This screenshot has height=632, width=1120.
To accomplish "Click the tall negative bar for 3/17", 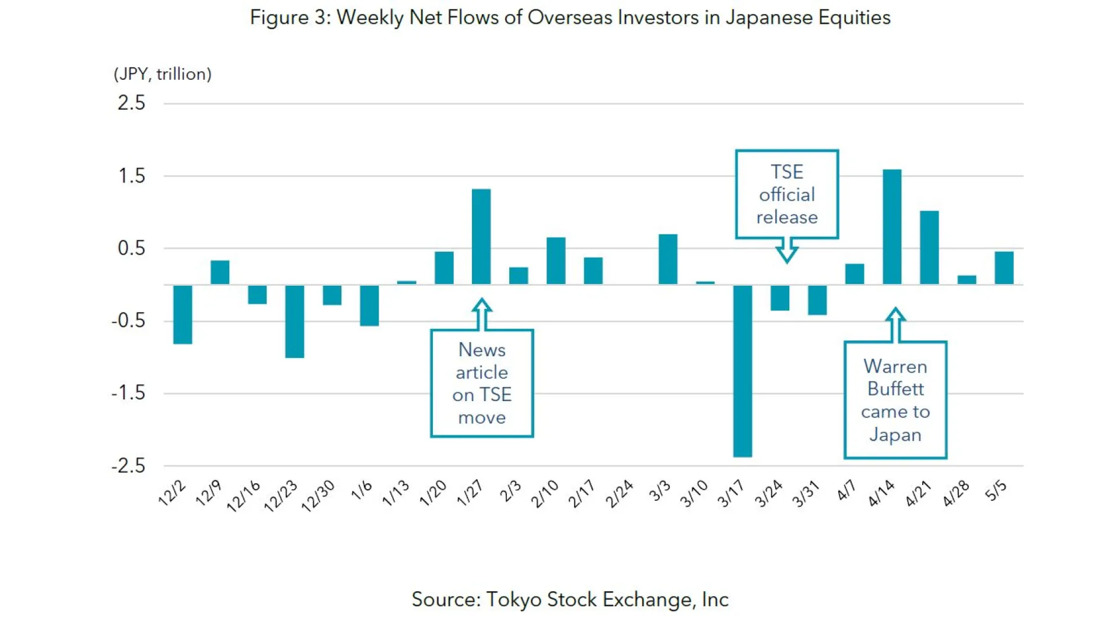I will pyautogui.click(x=742, y=370).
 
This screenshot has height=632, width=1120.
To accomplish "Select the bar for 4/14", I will pyautogui.click(x=891, y=227).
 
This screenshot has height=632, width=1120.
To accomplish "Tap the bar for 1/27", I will pyautogui.click(x=481, y=237).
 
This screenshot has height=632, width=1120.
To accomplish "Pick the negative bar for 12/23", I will pyautogui.click(x=294, y=321).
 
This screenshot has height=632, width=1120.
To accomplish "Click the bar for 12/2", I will pyautogui.click(x=183, y=314).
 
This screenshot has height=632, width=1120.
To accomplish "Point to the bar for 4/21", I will pyautogui.click(x=929, y=248).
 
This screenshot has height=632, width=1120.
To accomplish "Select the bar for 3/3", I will pyautogui.click(x=667, y=259).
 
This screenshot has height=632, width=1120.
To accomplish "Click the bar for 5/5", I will pyautogui.click(x=1003, y=268).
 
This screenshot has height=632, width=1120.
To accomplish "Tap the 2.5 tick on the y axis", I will pyautogui.click(x=131, y=103).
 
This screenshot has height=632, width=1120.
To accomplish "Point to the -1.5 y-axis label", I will pyautogui.click(x=128, y=394).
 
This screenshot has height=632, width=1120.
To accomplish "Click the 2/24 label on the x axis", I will pyautogui.click(x=619, y=493).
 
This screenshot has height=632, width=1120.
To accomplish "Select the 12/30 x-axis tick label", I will pyautogui.click(x=318, y=496).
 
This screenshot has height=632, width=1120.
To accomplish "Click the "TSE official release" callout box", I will pyautogui.click(x=786, y=194).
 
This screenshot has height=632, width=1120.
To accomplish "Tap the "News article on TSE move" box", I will pyautogui.click(x=481, y=383).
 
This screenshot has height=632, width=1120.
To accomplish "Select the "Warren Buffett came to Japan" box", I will pyautogui.click(x=895, y=400).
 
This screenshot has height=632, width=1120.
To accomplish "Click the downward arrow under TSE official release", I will pyautogui.click(x=786, y=251).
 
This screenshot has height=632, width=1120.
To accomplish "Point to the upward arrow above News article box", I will pyautogui.click(x=481, y=314).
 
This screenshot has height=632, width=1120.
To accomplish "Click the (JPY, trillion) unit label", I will pyautogui.click(x=162, y=74).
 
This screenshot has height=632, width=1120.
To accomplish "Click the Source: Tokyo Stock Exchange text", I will pyautogui.click(x=570, y=599).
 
